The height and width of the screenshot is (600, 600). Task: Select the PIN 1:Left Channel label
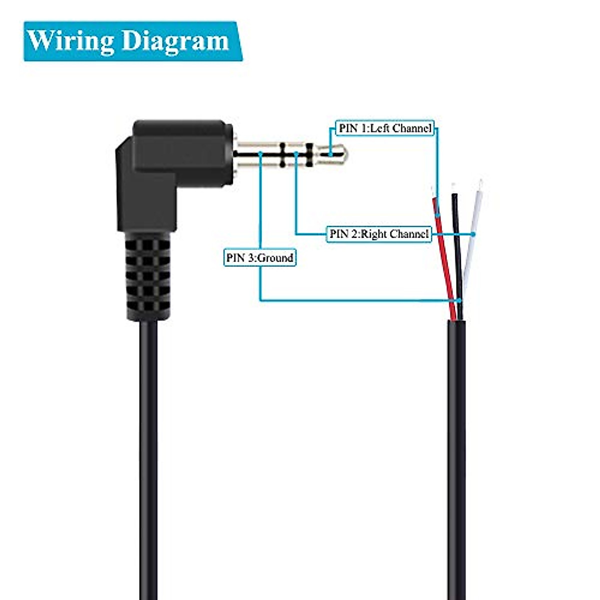385,128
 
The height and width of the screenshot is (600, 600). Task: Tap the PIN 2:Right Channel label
379,233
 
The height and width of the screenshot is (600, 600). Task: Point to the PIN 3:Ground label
259,258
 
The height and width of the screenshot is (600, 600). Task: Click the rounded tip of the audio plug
340,154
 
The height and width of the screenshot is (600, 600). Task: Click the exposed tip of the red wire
433,192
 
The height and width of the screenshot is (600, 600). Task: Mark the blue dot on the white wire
474,233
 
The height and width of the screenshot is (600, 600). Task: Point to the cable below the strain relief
148,450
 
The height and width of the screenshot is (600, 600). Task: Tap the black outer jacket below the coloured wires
456,450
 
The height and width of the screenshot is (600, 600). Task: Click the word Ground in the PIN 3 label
275,258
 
